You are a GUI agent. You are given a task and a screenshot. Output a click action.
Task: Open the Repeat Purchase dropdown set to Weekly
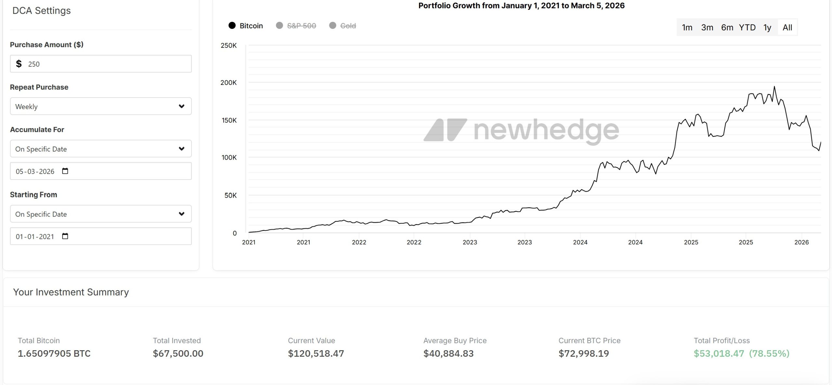[101, 106]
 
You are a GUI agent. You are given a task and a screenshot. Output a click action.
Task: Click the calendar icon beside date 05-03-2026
[65, 171]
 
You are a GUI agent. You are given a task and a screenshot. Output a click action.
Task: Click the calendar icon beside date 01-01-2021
[65, 236]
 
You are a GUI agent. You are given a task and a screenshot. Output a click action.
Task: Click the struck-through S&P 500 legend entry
[296, 26]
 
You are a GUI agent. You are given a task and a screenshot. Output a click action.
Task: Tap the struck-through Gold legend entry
[343, 26]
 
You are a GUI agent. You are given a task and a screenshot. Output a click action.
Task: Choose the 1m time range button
[687, 28]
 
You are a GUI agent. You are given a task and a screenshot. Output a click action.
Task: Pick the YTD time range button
[747, 28]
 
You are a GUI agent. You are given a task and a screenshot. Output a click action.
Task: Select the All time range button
[787, 28]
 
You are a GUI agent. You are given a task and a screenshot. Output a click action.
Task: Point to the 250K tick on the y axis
[228, 46]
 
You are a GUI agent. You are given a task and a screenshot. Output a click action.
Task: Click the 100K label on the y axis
[229, 158]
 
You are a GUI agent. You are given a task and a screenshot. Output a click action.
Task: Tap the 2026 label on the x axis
[801, 242]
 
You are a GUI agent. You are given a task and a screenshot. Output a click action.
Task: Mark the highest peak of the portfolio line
[774, 87]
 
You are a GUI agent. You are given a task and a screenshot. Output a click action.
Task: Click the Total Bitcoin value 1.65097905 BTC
[54, 353]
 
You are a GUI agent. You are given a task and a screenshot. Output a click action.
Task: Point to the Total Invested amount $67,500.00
[178, 353]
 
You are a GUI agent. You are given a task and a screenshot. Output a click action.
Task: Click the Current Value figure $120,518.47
[316, 353]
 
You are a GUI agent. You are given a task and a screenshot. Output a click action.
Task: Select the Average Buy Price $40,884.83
[448, 353]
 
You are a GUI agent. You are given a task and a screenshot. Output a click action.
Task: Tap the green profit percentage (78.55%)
[769, 353]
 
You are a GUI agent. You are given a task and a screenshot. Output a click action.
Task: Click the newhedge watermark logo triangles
[445, 130]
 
